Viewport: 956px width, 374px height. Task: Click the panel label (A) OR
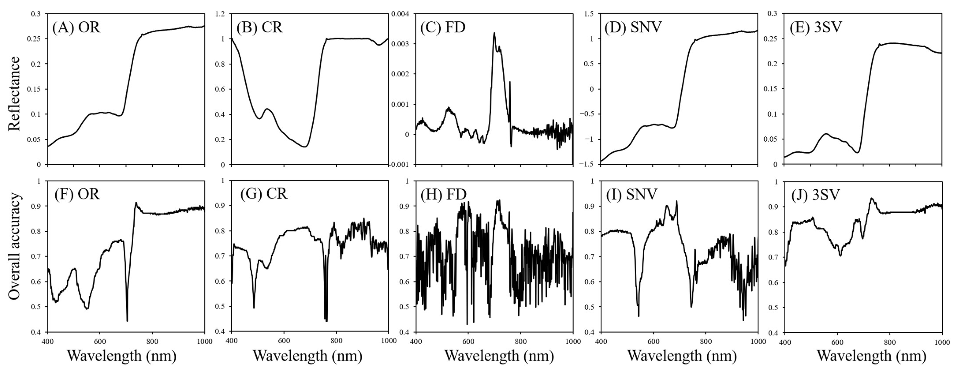pos(76,28)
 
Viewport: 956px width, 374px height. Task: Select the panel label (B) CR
pos(260,28)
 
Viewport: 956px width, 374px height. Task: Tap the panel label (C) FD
pos(443,28)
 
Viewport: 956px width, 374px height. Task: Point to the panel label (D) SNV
pos(633,28)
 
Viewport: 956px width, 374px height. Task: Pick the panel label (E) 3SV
pos(816,28)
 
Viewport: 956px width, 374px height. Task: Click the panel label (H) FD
pos(443,194)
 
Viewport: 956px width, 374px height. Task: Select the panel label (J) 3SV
pos(816,194)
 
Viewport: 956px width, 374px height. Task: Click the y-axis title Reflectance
pos(14,94)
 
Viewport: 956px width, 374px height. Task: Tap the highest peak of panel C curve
pos(494,34)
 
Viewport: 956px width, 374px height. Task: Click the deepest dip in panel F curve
pos(127,321)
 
